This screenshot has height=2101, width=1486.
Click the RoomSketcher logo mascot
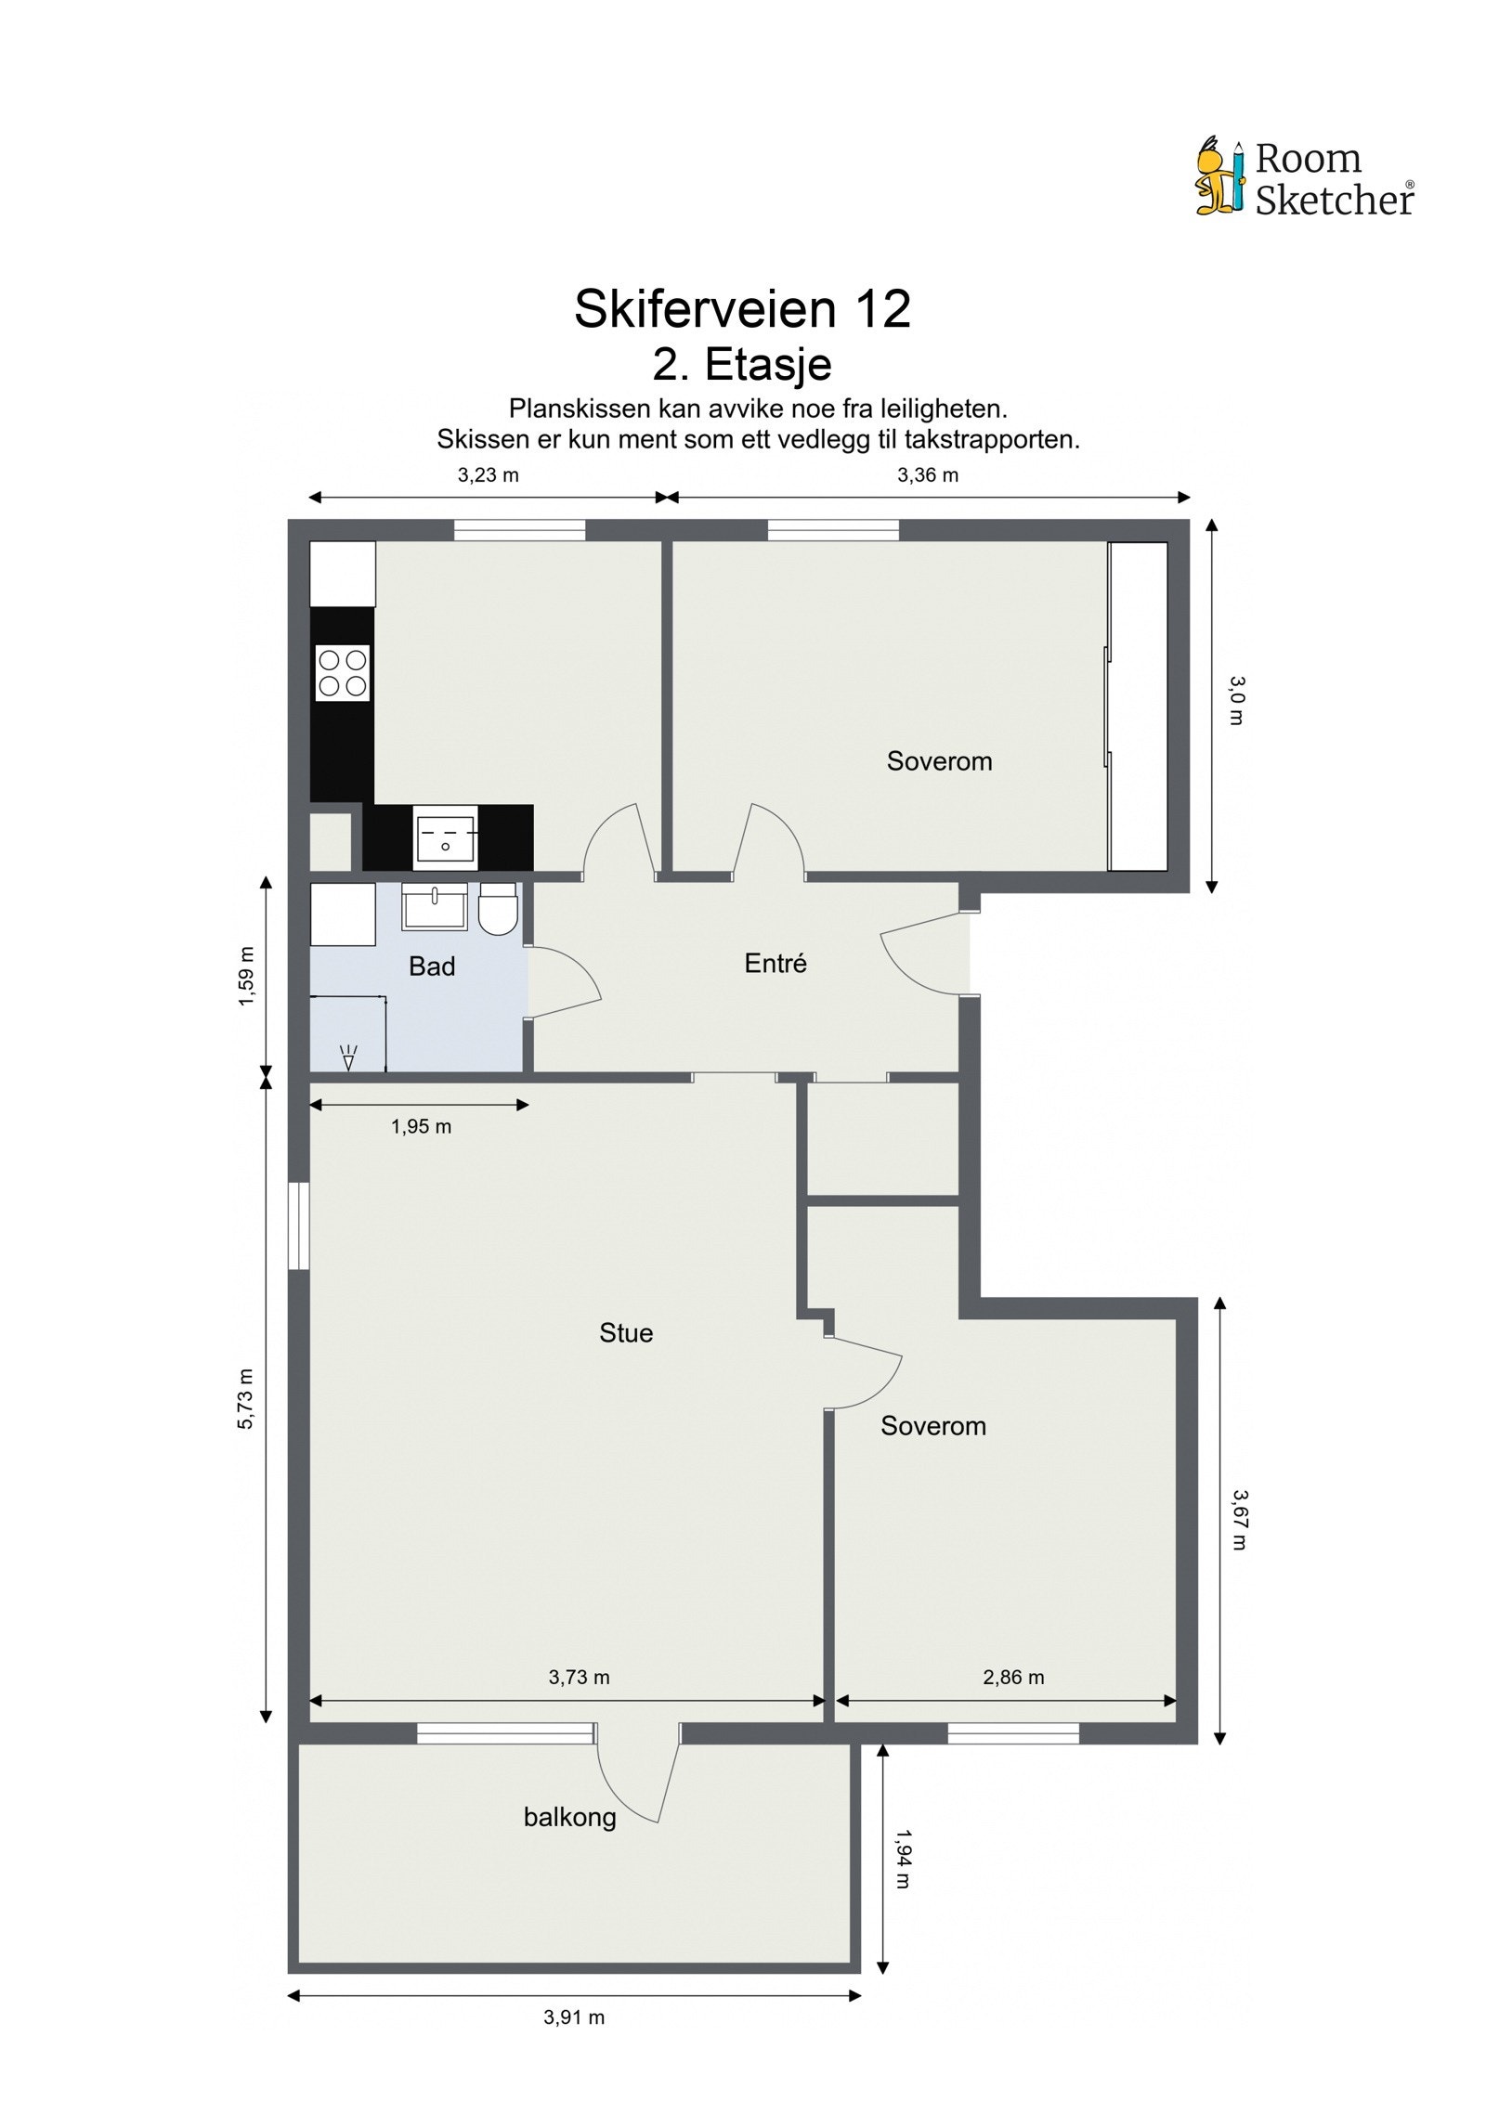(1219, 177)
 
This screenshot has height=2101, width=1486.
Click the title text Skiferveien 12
(742, 309)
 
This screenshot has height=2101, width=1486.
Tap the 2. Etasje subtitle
(742, 364)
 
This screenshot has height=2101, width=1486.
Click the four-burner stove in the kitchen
(343, 673)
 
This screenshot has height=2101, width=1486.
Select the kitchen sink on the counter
(446, 838)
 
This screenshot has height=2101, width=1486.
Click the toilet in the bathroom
(498, 909)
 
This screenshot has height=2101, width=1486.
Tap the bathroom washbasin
(434, 907)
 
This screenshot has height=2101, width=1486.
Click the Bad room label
(432, 966)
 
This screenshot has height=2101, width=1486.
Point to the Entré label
(776, 964)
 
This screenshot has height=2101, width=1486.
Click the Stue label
(626, 1333)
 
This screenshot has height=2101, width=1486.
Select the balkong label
(569, 1817)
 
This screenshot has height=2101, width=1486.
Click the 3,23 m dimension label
(488, 475)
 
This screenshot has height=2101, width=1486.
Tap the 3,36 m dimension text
(927, 475)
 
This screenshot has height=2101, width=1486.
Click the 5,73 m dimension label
(245, 1398)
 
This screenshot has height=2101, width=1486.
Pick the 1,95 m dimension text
(421, 1126)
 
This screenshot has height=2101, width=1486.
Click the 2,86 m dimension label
(1013, 1676)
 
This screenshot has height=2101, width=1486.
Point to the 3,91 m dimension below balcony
(574, 2017)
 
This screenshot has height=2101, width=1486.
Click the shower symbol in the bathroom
(349, 1057)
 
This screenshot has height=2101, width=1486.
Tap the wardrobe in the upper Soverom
(1138, 707)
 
